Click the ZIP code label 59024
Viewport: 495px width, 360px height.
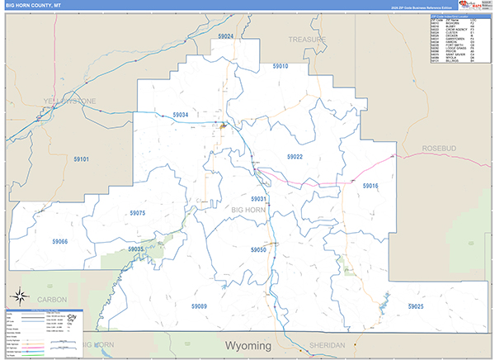pos(226,37)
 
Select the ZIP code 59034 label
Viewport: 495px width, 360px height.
pos(181,115)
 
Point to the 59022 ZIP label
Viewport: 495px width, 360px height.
pos(295,156)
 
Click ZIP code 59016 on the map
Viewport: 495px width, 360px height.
pos(370,186)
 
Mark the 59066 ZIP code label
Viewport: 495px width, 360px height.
pos(59,241)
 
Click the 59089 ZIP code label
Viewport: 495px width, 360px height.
pos(199,306)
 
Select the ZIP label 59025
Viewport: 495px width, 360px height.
pos(415,306)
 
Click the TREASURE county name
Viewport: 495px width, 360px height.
pos(307,39)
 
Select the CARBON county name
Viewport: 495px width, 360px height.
pos(52,299)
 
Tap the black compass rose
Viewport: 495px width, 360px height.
pos(16,296)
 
